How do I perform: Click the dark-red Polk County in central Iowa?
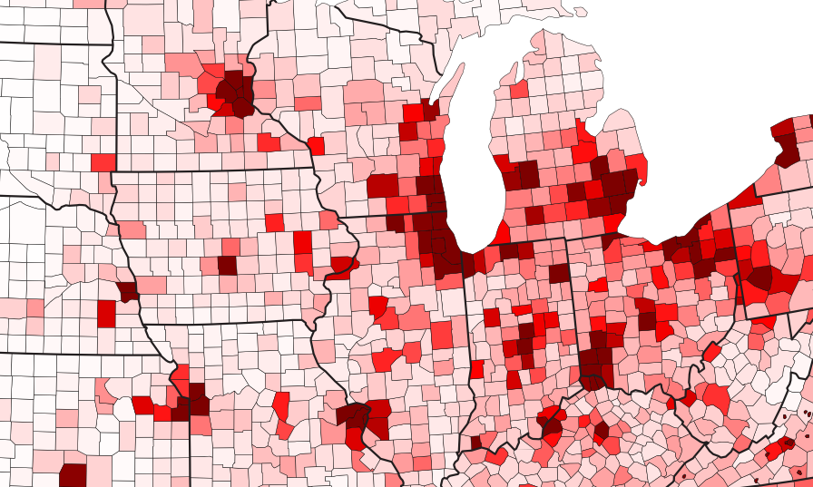pyautogui.click(x=227, y=265)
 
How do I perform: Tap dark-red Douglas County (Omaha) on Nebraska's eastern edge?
pyautogui.click(x=126, y=291)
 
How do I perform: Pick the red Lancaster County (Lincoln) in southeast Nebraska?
pyautogui.click(x=106, y=313)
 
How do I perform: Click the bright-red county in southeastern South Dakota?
pyautogui.click(x=103, y=162)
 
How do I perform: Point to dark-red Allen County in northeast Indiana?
pyautogui.click(x=559, y=273)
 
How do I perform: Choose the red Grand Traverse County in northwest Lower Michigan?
pyautogui.click(x=519, y=90)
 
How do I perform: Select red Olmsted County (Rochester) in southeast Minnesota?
pyautogui.click(x=268, y=142)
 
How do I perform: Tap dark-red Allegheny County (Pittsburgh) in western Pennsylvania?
pyautogui.click(x=758, y=278)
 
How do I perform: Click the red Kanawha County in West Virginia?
pyautogui.click(x=715, y=397)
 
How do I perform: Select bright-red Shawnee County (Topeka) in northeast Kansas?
pyautogui.click(x=143, y=404)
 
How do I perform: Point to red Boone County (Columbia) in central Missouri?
pyautogui.click(x=280, y=404)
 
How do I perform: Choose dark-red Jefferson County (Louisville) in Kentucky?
pyautogui.click(x=549, y=419)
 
